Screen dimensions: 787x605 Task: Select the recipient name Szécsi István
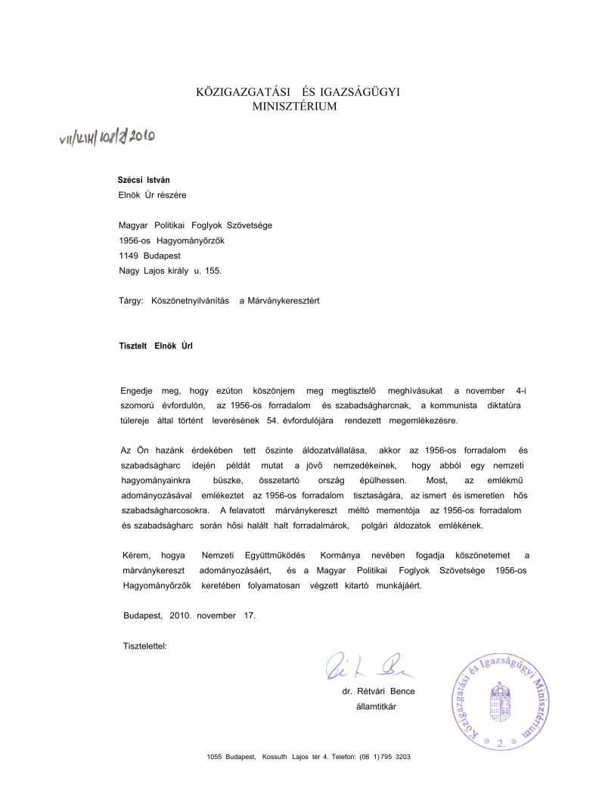coord(144,180)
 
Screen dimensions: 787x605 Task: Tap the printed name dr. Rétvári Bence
coord(378,691)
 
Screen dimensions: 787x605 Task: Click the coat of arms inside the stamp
coord(500,699)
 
